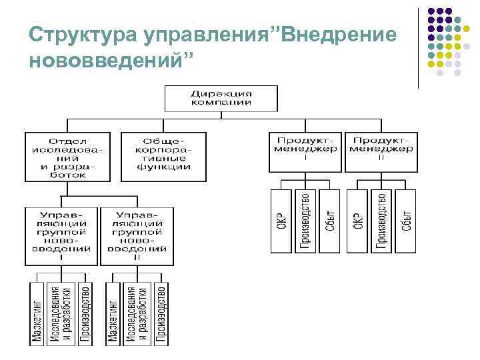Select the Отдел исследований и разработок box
(x=67, y=157)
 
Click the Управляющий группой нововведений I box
(x=61, y=236)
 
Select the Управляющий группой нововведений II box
(x=137, y=236)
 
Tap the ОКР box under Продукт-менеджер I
(x=281, y=221)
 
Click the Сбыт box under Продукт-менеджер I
(x=329, y=221)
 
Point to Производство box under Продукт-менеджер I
(x=305, y=221)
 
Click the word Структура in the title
(x=71, y=34)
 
